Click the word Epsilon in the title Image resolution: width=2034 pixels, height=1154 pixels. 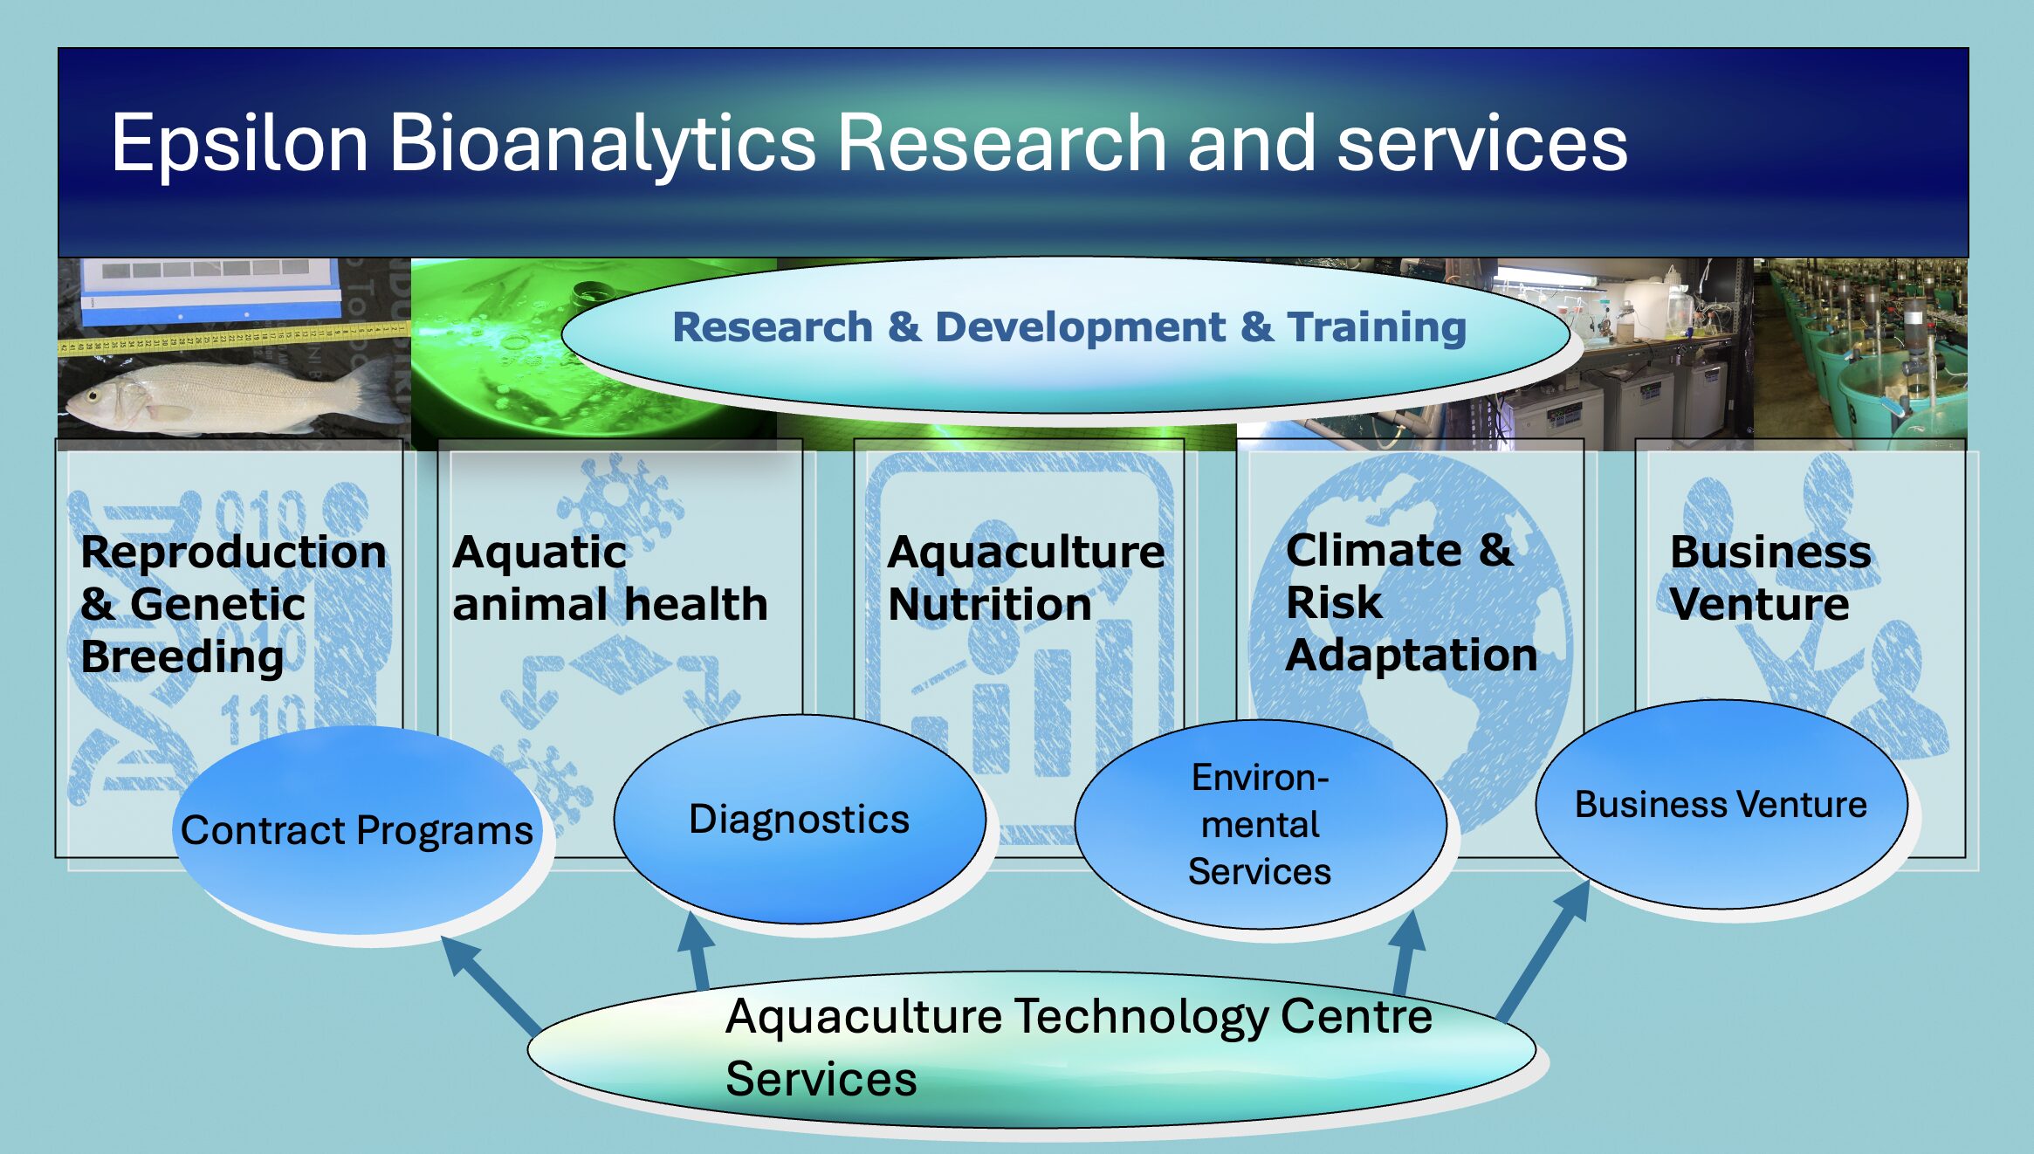[239, 144]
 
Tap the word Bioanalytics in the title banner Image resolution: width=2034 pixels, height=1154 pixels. [602, 144]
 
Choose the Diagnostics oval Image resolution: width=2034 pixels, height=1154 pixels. [800, 819]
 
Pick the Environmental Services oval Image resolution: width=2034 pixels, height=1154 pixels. [1260, 824]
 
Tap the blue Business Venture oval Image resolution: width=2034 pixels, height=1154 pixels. [1721, 804]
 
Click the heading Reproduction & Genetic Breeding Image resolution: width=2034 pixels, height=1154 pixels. [233, 604]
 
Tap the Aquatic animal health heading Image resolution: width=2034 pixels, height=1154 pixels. [610, 578]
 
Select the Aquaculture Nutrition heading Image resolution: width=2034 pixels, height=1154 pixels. [1026, 578]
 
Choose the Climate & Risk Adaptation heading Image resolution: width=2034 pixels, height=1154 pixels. [1412, 602]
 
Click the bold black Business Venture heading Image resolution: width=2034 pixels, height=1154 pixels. [1770, 578]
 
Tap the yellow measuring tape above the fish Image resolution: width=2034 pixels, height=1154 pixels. [234, 339]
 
